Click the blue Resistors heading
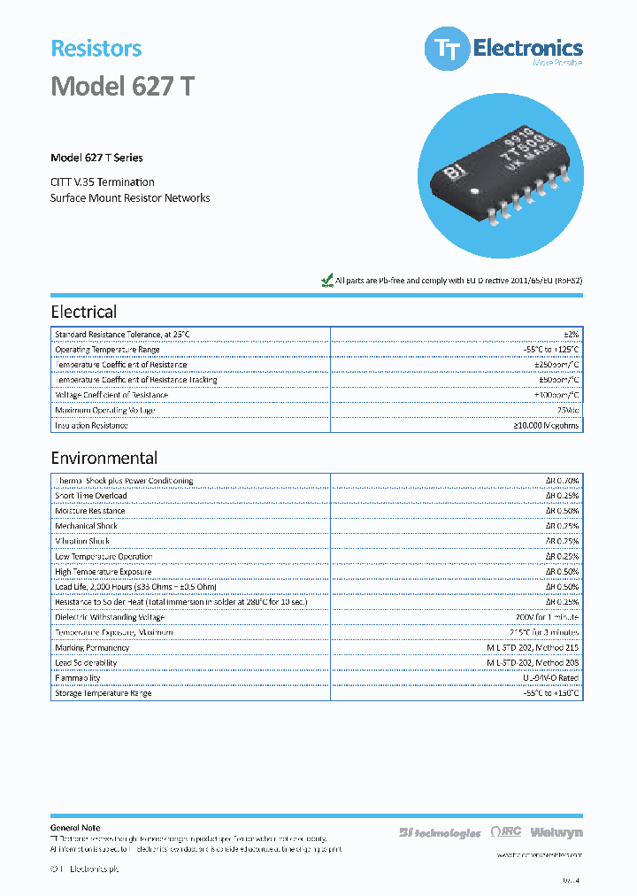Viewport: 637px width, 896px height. [x=96, y=49]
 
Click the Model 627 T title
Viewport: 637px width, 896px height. [x=122, y=87]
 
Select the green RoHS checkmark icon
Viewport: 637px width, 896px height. [x=326, y=280]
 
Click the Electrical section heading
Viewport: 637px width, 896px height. [x=84, y=312]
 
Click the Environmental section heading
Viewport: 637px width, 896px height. [x=104, y=458]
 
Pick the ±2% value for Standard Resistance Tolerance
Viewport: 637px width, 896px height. [x=571, y=334]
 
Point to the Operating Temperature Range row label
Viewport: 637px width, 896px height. [x=107, y=350]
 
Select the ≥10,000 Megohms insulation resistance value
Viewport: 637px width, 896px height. [x=547, y=426]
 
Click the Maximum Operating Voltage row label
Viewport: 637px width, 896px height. [x=104, y=410]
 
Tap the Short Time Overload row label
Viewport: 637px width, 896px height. [x=91, y=496]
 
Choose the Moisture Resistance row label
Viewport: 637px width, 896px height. [x=90, y=511]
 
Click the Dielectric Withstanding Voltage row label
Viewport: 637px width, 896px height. [x=110, y=617]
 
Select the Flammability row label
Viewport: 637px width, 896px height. [x=78, y=678]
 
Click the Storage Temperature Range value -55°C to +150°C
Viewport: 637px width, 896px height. [x=547, y=693]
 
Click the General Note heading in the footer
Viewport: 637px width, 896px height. [x=75, y=827]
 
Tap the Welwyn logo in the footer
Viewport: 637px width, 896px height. [x=557, y=832]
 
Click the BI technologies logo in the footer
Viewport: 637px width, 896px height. [x=440, y=832]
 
